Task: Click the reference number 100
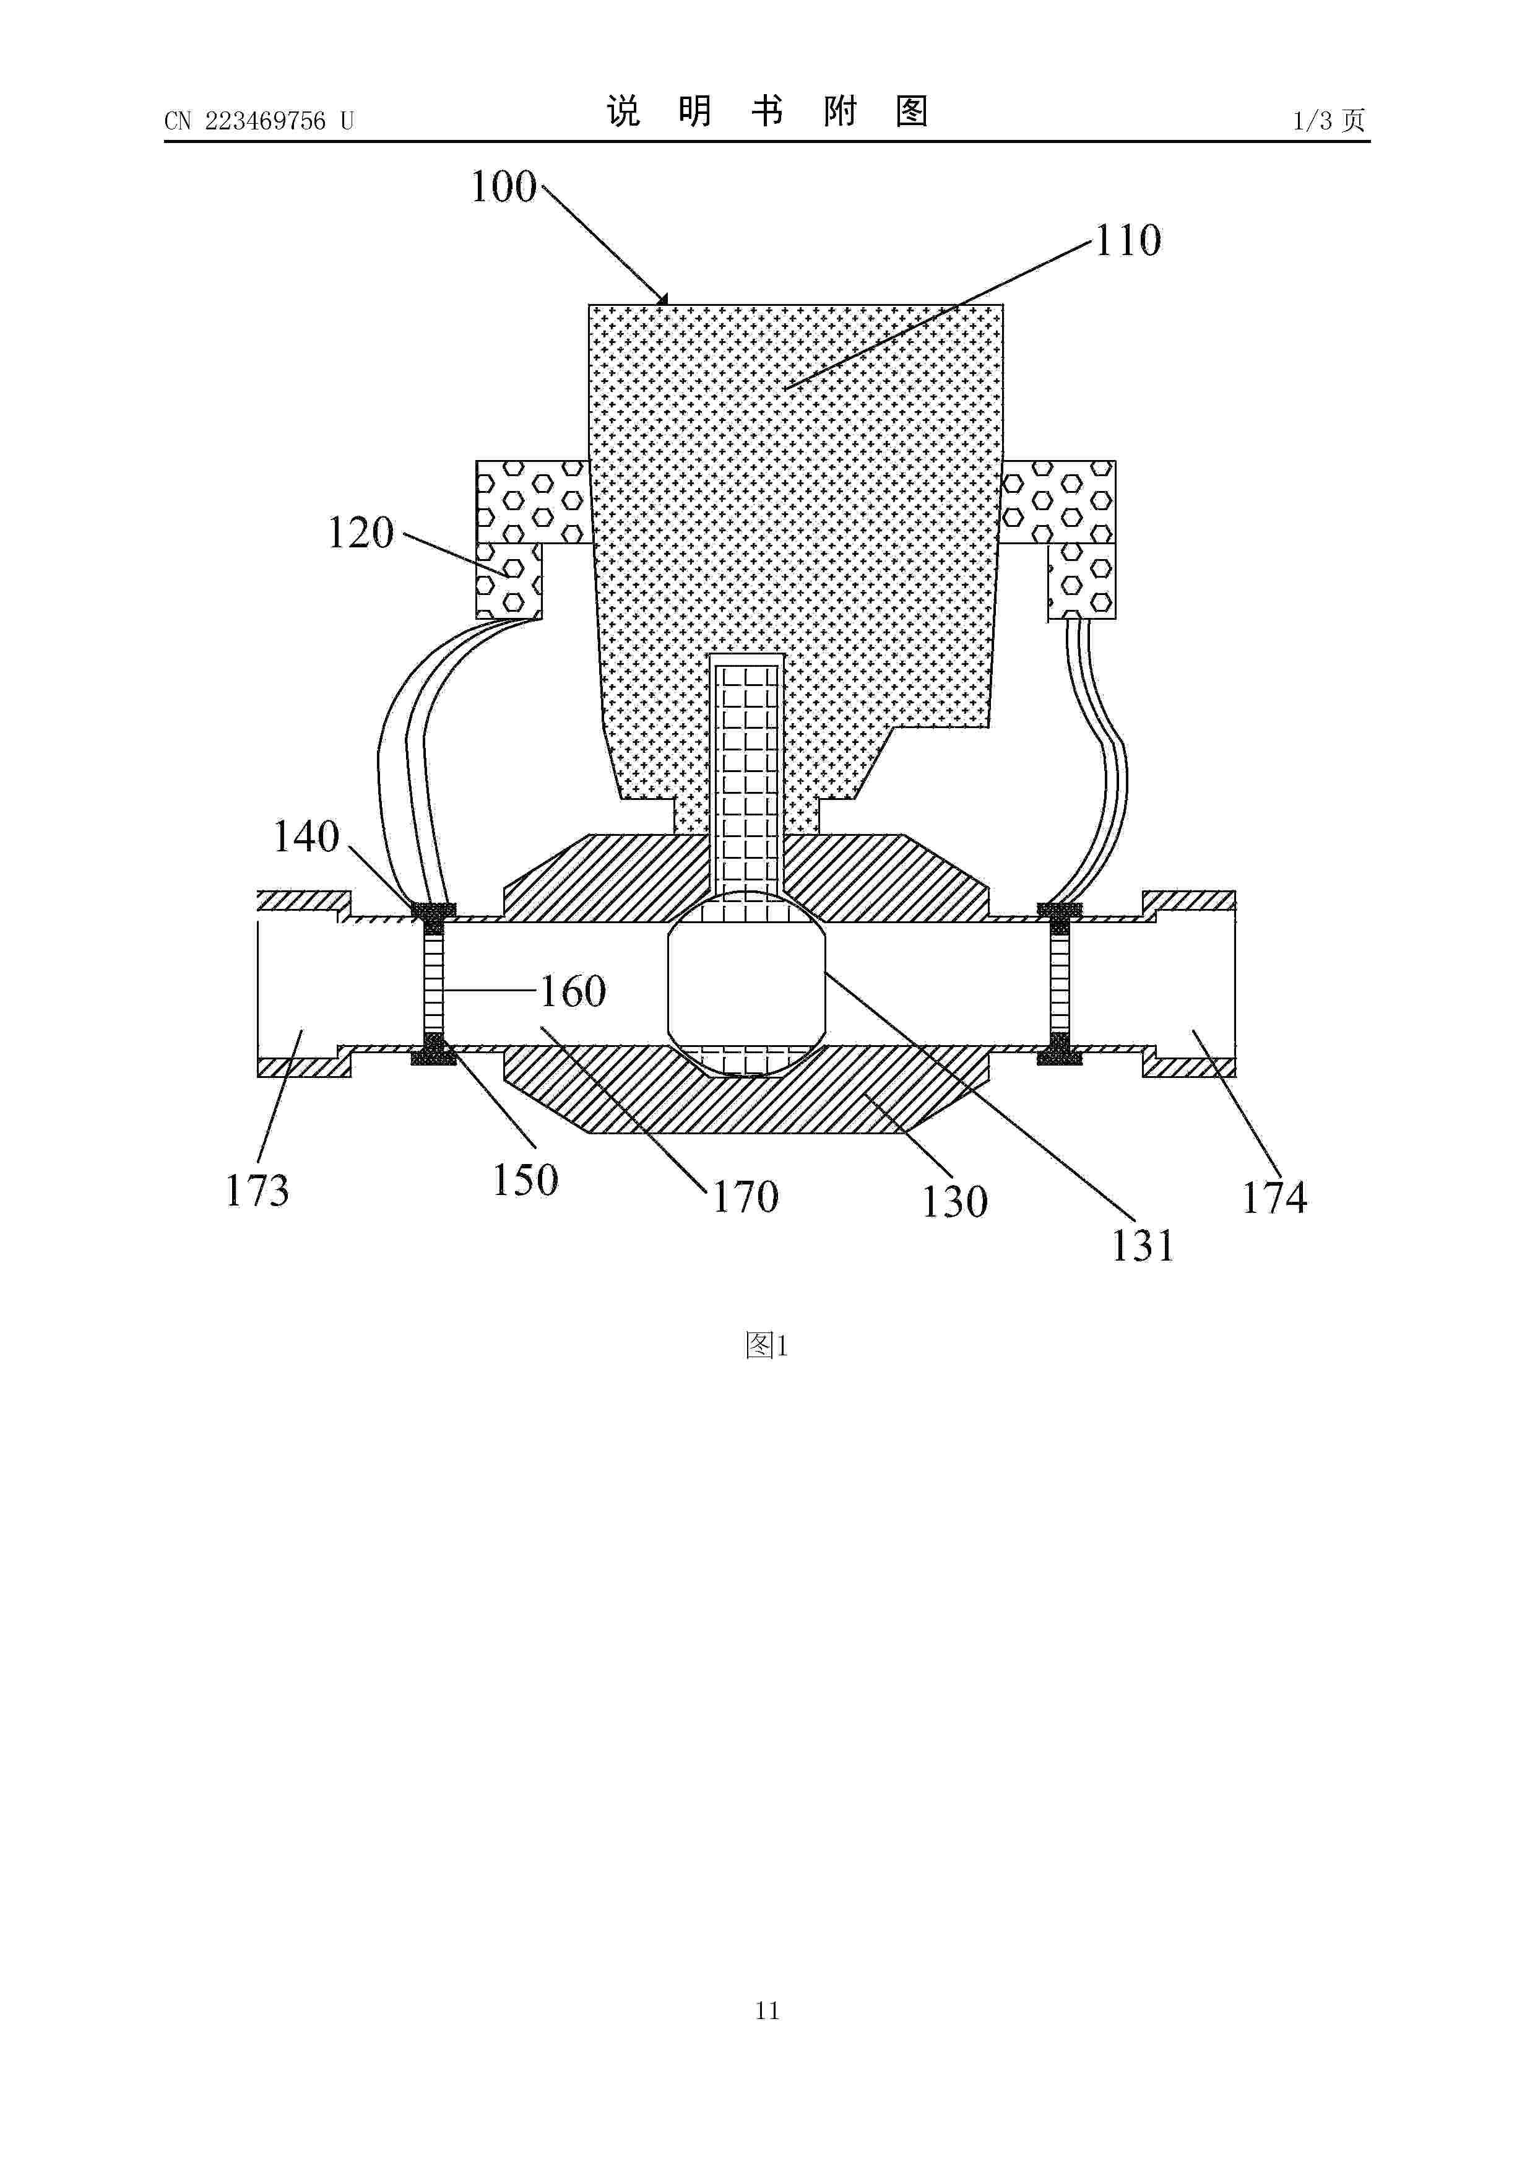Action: point(503,188)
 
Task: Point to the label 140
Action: point(306,836)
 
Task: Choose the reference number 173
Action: point(256,1190)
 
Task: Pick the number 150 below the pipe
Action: point(525,1179)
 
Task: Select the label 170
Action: point(745,1197)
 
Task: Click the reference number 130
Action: point(955,1201)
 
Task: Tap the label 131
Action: point(1143,1246)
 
